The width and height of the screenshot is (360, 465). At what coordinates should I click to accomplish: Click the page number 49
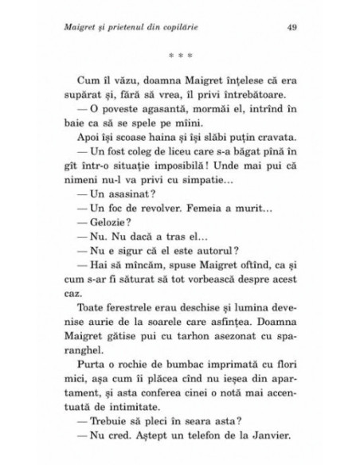pos(291,27)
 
